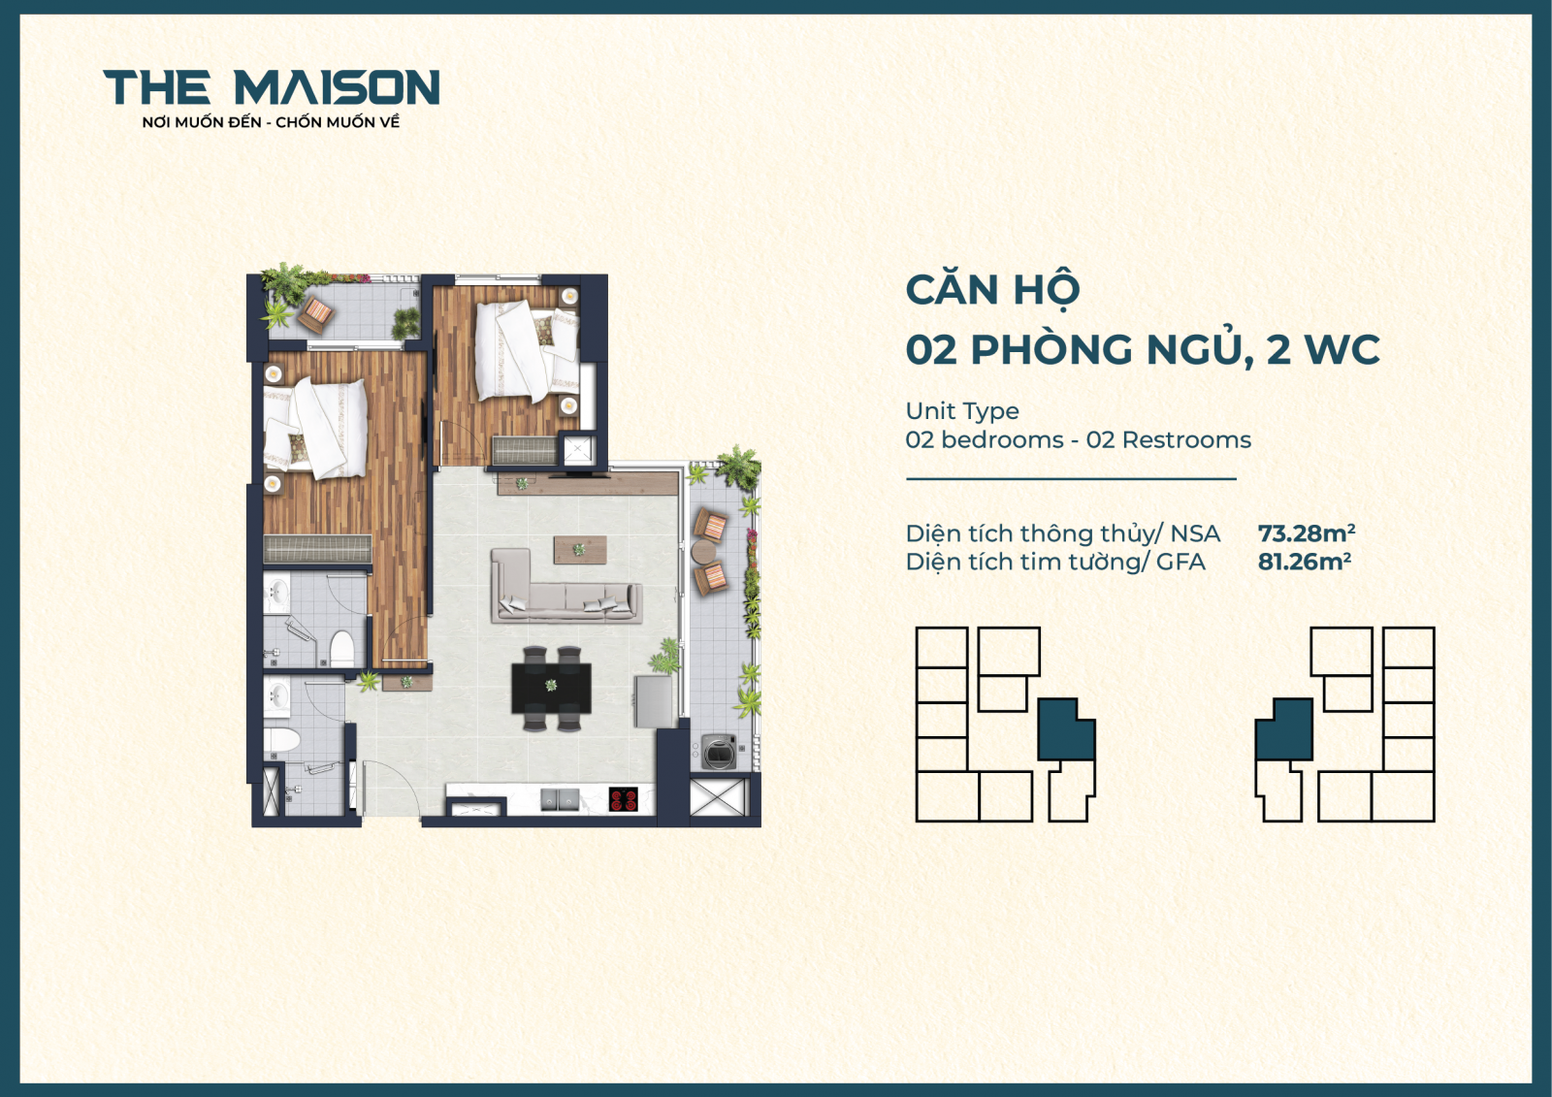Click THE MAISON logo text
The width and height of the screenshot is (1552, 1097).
click(271, 87)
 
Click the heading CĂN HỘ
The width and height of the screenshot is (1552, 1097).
click(991, 290)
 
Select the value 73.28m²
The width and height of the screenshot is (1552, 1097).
click(1306, 533)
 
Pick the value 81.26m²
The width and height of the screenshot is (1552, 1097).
click(1304, 562)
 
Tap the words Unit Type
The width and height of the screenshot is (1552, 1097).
click(961, 411)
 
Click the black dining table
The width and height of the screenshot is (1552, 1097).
click(551, 688)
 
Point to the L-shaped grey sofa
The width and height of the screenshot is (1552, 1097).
click(563, 590)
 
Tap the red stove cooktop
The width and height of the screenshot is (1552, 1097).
click(623, 800)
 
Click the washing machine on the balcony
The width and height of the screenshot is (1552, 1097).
click(719, 753)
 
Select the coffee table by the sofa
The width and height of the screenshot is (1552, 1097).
click(580, 550)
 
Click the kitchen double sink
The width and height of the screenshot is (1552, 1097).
click(560, 800)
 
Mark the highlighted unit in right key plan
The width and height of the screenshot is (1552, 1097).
click(1285, 730)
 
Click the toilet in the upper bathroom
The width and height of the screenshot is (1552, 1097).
click(341, 648)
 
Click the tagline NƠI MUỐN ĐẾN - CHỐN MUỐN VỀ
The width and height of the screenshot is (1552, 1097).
click(271, 122)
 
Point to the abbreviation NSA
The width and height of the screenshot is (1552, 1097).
click(1195, 533)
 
